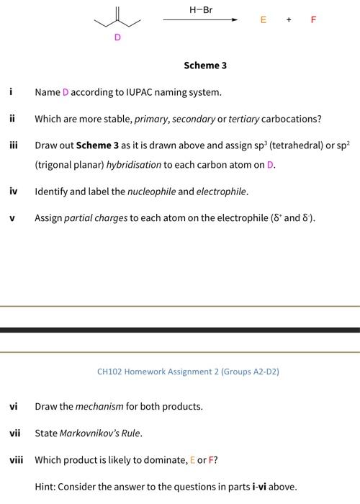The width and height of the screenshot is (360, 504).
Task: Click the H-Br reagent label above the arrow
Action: (201, 9)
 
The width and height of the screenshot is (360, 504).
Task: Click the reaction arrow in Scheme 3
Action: (201, 20)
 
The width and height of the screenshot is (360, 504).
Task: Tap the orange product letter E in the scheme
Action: (264, 20)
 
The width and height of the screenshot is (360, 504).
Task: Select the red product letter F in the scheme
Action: (313, 20)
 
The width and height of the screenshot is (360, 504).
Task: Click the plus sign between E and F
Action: (289, 20)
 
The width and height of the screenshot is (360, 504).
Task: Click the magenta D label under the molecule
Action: (117, 37)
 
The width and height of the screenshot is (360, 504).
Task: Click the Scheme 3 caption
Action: (205, 66)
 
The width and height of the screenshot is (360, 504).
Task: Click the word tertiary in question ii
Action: (243, 119)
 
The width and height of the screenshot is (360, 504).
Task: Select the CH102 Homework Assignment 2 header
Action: (188, 372)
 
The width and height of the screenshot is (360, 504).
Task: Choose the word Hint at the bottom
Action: (45, 486)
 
